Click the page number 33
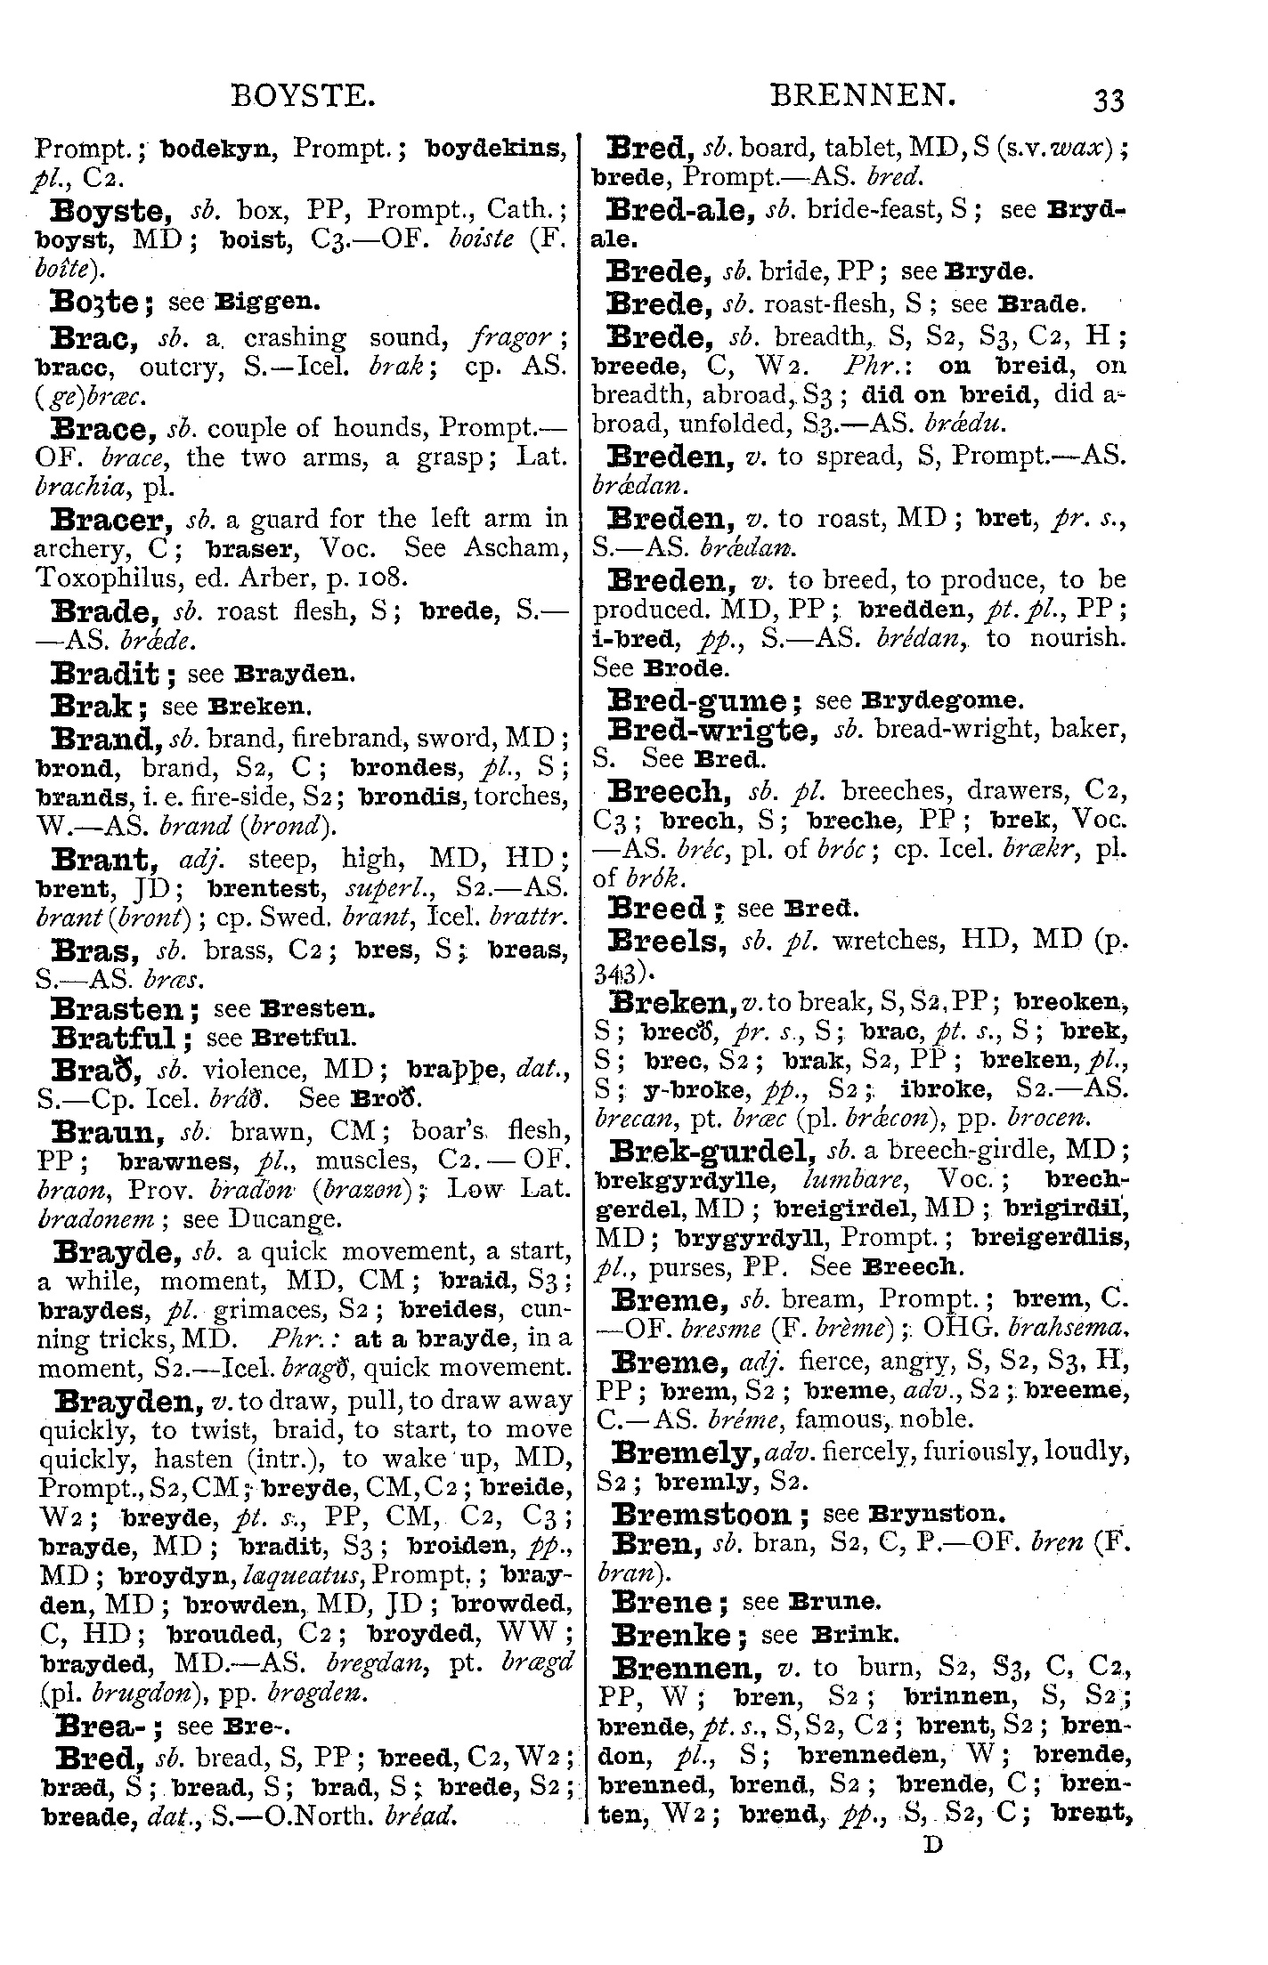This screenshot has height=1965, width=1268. tap(1109, 100)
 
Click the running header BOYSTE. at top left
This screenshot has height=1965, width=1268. tap(302, 95)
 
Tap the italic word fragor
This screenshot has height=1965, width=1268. tap(509, 337)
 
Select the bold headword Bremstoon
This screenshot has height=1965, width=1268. tap(702, 1514)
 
